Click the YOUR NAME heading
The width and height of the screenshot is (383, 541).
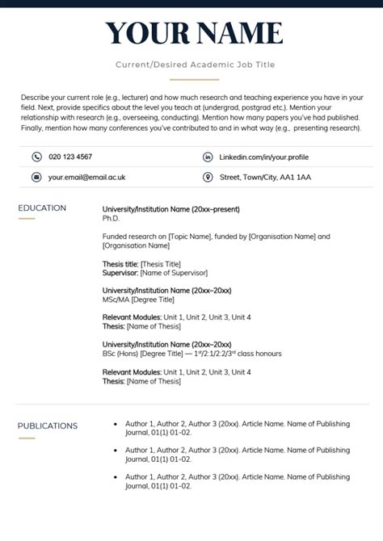(x=194, y=33)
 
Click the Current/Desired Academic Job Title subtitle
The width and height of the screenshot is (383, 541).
(x=194, y=64)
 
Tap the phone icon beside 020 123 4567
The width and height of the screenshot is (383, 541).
(x=36, y=157)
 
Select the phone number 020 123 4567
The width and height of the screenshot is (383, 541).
(x=70, y=157)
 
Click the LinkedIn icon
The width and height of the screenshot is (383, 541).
(x=208, y=157)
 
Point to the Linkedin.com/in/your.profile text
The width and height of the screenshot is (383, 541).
(x=263, y=157)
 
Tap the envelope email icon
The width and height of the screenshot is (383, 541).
(x=36, y=177)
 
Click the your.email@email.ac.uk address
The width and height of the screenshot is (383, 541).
(x=86, y=177)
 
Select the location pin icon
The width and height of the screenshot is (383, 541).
(x=208, y=177)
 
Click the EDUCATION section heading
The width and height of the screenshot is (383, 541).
(x=42, y=208)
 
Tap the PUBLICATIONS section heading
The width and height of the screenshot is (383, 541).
(x=48, y=426)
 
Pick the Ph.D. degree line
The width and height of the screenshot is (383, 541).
(x=111, y=218)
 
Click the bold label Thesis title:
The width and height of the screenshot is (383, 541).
(x=120, y=264)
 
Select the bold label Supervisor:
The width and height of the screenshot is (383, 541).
(x=121, y=273)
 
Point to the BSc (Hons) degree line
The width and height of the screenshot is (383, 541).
(x=191, y=354)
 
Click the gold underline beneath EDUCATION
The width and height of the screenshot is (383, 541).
(x=27, y=219)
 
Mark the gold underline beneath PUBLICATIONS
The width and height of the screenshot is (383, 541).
(x=27, y=438)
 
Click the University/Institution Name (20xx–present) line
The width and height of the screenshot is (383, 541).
(x=170, y=209)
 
